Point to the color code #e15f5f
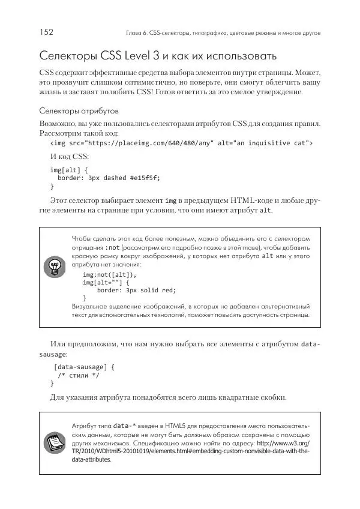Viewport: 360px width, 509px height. coord(139,178)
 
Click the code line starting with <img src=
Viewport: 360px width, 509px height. coord(181,143)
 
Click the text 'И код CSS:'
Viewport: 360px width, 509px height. coord(70,157)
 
